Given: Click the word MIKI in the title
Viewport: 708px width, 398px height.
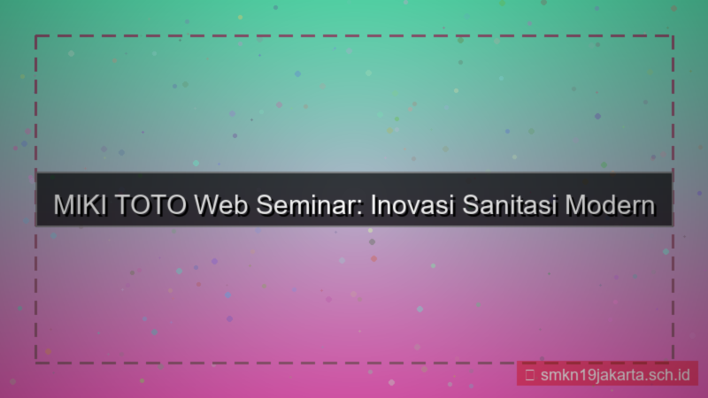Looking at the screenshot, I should (x=77, y=205).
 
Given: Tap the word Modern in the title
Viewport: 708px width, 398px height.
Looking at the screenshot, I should (x=611, y=205).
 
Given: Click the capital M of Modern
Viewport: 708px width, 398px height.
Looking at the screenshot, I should (x=576, y=205).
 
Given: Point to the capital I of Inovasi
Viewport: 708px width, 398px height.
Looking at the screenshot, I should (x=373, y=205).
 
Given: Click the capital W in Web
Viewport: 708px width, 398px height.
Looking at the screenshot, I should (x=209, y=205).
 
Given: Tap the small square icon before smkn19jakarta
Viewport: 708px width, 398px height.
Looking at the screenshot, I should (x=529, y=374).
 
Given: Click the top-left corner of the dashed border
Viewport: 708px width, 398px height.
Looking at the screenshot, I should (x=36, y=36).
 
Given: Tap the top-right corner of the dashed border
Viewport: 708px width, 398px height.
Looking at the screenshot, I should (x=672, y=36).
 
